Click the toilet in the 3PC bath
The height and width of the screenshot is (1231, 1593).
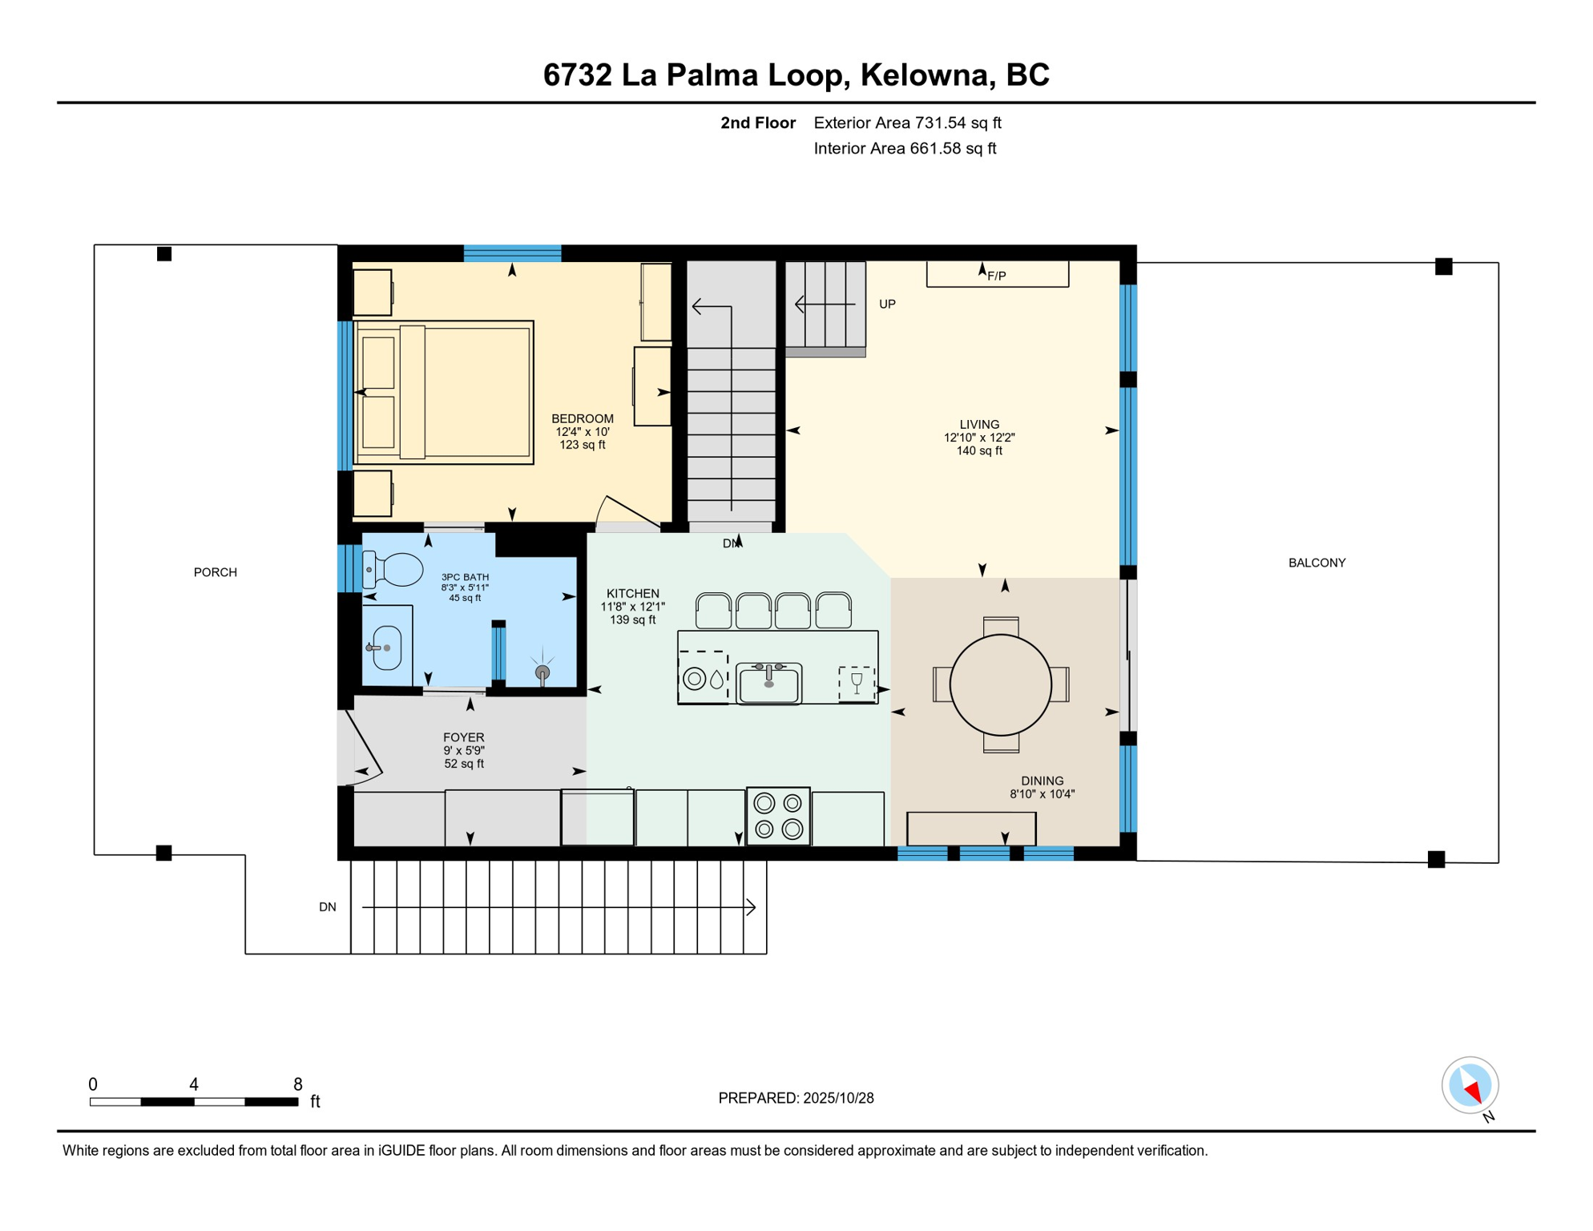point(395,570)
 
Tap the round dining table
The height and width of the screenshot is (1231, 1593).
point(1000,684)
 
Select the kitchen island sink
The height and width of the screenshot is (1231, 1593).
point(768,684)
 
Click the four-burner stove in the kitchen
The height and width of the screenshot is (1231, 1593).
point(778,816)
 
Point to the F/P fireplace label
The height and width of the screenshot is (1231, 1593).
point(996,276)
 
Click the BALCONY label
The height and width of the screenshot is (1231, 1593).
point(1317,563)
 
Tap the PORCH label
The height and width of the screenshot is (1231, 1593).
point(215,572)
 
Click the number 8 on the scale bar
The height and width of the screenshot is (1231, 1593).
point(297,1084)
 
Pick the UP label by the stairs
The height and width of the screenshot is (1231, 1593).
point(887,304)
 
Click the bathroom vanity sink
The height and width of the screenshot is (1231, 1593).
point(386,647)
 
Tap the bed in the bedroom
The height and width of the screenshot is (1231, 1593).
point(446,392)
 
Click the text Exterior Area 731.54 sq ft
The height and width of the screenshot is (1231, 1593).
point(907,123)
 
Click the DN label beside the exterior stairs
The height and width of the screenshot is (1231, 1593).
point(327,906)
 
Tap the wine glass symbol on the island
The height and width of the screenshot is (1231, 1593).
point(857,683)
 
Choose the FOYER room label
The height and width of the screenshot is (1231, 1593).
point(463,737)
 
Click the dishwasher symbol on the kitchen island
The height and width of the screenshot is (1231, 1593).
point(703,679)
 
